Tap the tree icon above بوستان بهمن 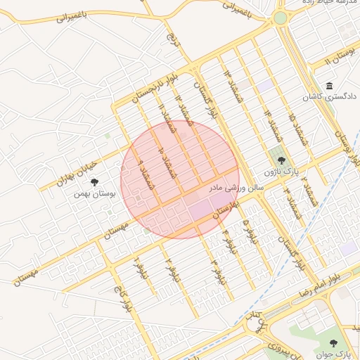(94, 182)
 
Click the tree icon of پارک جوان (333, 343)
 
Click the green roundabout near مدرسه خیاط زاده (281, 18)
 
